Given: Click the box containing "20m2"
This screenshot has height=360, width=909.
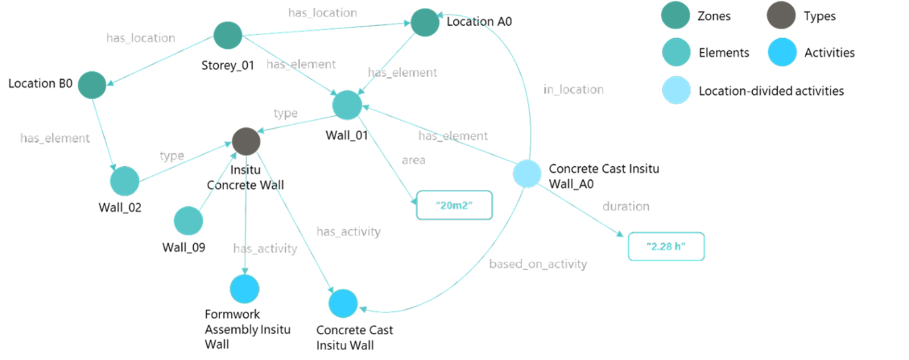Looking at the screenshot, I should coord(455,206).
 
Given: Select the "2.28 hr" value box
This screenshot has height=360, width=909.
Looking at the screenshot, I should coord(666,247).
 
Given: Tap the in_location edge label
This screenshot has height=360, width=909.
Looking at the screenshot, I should coord(573,89).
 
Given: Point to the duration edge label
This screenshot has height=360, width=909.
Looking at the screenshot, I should coord(626,207).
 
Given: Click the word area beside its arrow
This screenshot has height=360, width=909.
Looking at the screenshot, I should coord(414,160).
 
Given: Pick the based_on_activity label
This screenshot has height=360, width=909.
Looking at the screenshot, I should coord(538,264).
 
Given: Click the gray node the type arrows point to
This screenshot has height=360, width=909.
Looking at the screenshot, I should coord(247,142).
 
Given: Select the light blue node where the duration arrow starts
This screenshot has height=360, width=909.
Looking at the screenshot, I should coord(527,174).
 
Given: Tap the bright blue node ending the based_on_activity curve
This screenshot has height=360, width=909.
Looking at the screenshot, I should coord(343,303).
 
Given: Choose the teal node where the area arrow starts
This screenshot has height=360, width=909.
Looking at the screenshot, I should coord(347,105).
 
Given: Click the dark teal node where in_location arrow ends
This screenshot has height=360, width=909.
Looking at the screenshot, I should coord(425,23).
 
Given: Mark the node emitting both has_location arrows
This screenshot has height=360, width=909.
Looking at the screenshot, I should coord(227,35).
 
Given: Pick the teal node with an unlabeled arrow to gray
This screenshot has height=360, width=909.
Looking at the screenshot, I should coord(189,221).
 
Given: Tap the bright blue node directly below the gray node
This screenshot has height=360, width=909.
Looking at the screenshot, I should coord(245,289).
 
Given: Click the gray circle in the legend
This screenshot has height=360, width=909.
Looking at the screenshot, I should coord(782,15).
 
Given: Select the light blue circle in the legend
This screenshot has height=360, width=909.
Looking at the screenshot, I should coord(676,90).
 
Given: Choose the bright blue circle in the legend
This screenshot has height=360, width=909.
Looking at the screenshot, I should coord(782,53).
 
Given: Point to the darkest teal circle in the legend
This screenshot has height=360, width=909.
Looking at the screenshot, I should coord(676,15).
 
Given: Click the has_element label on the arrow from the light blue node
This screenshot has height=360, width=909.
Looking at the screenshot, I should coord(453,136).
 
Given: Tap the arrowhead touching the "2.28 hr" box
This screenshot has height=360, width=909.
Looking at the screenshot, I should coord(620,236).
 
